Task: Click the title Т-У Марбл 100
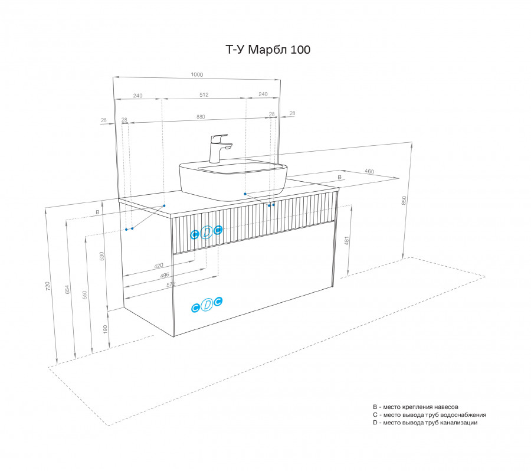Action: click(268, 50)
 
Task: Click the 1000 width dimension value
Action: click(197, 74)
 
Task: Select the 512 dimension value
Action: click(204, 94)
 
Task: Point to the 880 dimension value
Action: click(201, 117)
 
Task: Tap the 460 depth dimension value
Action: click(369, 171)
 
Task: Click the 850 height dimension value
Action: click(404, 200)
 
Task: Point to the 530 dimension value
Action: click(102, 256)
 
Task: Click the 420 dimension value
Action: click(158, 266)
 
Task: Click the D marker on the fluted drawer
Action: click(206, 233)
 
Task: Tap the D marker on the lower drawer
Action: click(207, 305)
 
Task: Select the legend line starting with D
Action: click(425, 423)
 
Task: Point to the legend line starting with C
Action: click(429, 414)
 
